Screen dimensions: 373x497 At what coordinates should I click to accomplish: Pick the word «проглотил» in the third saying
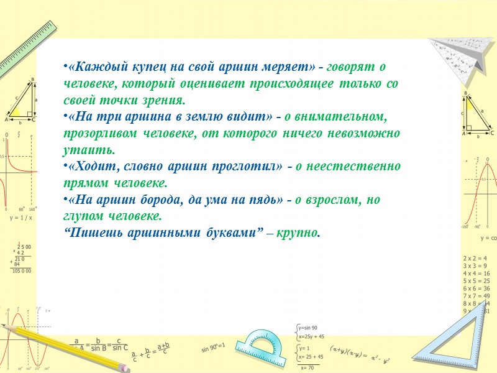[226, 167]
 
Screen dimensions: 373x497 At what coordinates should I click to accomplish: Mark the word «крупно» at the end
[301, 234]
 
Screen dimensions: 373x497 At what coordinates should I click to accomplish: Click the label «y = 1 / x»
[21, 218]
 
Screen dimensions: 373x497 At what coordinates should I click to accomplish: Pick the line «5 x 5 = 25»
[476, 281]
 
